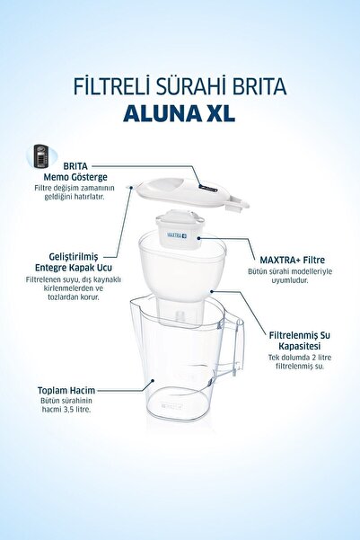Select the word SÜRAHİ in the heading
pyautogui.click(x=192, y=86)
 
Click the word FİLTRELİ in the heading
pyautogui.click(x=112, y=86)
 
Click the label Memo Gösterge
pyautogui.click(x=75, y=177)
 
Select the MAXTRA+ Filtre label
pyautogui.click(x=292, y=260)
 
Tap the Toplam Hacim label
pyautogui.click(x=66, y=391)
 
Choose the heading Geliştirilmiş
pyautogui.click(x=74, y=257)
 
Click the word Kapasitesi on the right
pyautogui.click(x=300, y=346)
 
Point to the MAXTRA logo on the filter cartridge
pyautogui.click(x=177, y=235)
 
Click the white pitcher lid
pyautogui.click(x=189, y=192)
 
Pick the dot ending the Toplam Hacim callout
pyautogui.click(x=153, y=381)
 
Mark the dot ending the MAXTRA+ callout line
pyautogui.click(x=199, y=238)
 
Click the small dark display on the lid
pyautogui.click(x=208, y=188)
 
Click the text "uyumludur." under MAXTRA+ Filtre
pyautogui.click(x=290, y=280)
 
